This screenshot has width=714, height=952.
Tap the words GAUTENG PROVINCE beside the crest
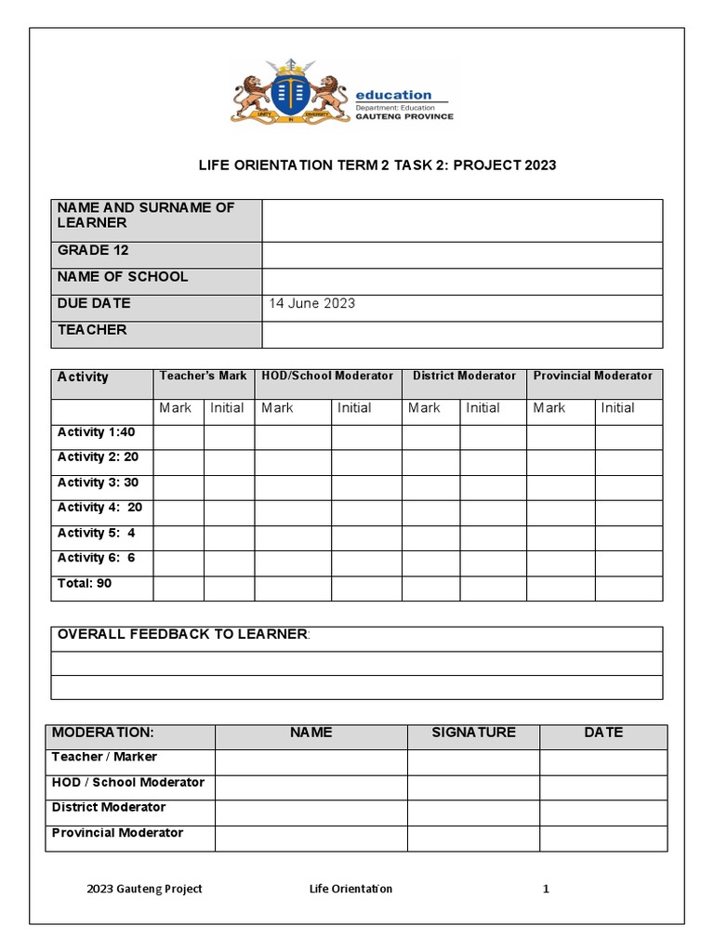[x=404, y=116]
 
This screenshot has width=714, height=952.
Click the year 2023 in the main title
[x=540, y=165]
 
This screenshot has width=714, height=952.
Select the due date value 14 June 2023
[x=311, y=303]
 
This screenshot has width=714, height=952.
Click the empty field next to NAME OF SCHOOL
[x=462, y=282]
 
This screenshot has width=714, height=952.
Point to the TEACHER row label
[x=92, y=330]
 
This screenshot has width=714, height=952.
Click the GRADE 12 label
[x=93, y=250]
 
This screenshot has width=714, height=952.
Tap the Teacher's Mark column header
[x=203, y=376]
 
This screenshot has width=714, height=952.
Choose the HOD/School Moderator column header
[x=327, y=376]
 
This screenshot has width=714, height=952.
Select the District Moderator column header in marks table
[x=463, y=376]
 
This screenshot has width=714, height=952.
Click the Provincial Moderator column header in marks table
[x=593, y=376]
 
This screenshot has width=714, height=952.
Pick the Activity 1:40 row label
[x=96, y=432]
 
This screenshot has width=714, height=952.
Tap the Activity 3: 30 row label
[x=98, y=483]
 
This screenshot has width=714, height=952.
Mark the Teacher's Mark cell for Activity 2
[x=178, y=462]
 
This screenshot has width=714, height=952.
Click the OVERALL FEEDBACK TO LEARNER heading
[x=182, y=634]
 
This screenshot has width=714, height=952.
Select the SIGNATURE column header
[x=473, y=733]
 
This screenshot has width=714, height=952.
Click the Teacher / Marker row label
[x=104, y=757]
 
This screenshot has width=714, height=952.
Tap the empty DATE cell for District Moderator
[x=602, y=813]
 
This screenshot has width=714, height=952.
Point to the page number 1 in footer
[x=546, y=889]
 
